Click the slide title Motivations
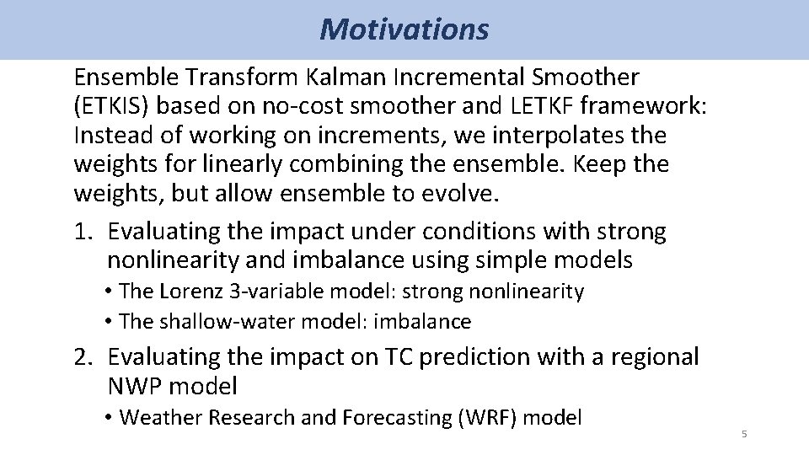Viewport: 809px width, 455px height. coord(404,29)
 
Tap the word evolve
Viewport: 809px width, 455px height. coord(461,193)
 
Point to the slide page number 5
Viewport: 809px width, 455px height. coord(743,435)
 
